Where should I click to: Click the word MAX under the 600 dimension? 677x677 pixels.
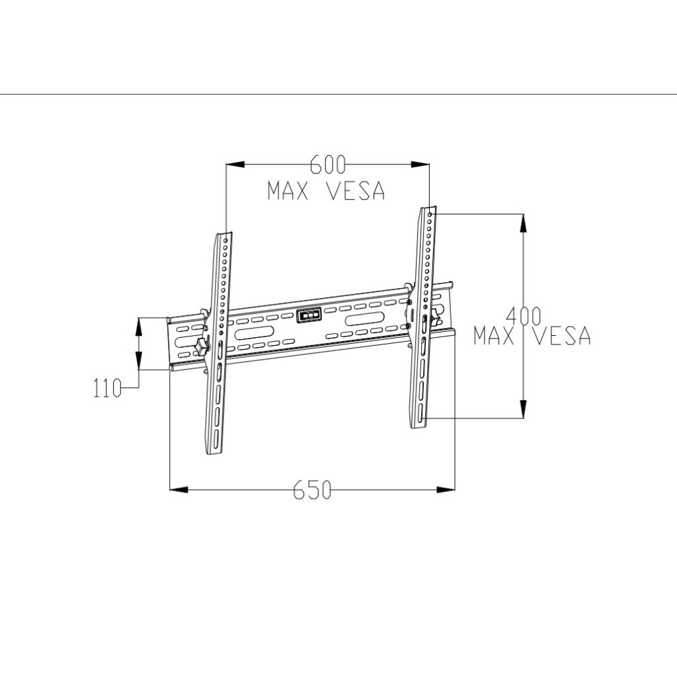(290, 191)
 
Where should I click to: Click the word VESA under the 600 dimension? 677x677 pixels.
(356, 191)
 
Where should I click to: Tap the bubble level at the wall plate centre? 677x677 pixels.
(309, 315)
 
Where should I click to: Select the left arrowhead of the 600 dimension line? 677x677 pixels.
(235, 165)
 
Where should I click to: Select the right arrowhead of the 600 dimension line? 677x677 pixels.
(421, 165)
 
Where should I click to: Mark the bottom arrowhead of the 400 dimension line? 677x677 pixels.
(523, 409)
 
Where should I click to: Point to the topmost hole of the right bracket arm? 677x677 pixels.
(430, 215)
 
